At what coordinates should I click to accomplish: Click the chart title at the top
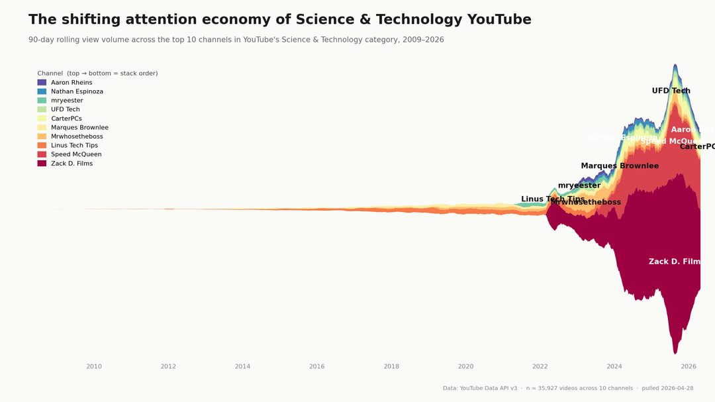[x=279, y=20]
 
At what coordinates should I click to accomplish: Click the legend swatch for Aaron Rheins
[x=42, y=83]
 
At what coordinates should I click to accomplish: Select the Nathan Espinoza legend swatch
[x=42, y=91]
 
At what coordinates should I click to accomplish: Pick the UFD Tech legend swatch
[x=42, y=109]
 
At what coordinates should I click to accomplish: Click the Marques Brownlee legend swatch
[x=42, y=128]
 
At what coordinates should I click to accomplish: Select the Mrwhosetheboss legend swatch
[x=42, y=136]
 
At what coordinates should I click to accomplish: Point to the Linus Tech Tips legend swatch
[x=42, y=146]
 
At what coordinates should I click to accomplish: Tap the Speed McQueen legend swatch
[x=42, y=154]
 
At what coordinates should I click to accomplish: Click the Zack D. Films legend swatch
[x=42, y=164]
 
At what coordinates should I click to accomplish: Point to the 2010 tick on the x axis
[x=94, y=366]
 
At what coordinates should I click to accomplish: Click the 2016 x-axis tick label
[x=317, y=366]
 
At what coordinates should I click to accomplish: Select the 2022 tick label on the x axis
[x=540, y=366]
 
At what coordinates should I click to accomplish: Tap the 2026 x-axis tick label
[x=689, y=366]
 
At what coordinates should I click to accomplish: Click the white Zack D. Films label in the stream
[x=674, y=262]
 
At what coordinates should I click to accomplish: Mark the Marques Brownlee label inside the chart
[x=620, y=166]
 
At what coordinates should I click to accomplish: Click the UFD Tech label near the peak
[x=671, y=91]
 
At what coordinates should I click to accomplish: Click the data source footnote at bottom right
[x=568, y=388]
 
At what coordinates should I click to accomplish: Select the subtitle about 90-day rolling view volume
[x=236, y=40]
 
